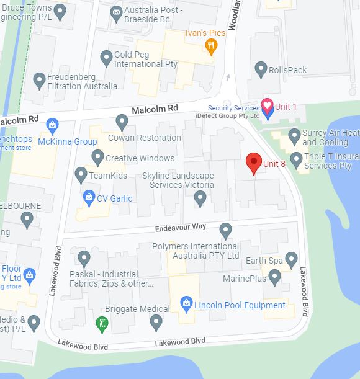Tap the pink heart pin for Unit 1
coord(268,107)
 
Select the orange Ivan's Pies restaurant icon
coord(212,45)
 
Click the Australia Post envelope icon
coord(116,12)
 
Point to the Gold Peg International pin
coord(106,58)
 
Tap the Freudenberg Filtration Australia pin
coord(38,79)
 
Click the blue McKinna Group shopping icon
coord(53,124)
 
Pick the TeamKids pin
coord(81,175)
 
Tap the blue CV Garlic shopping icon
coord(89,198)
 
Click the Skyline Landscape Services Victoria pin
coord(200,198)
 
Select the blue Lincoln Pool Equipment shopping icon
coord(186,304)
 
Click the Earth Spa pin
coord(291,260)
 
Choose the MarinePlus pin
coord(275,277)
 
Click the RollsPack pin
coord(261,69)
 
